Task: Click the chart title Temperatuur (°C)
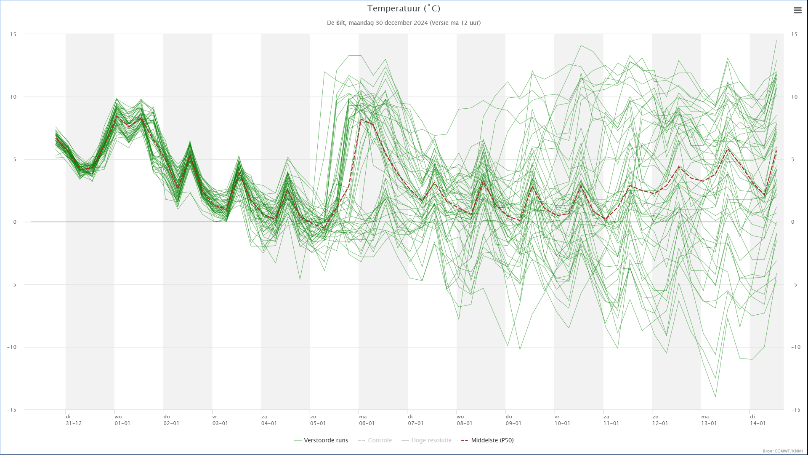(404, 8)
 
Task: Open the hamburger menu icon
(797, 11)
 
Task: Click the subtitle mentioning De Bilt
(404, 23)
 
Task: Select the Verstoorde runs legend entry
(321, 440)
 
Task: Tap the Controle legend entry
(375, 440)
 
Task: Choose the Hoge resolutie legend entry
(426, 440)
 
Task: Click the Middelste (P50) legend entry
(487, 440)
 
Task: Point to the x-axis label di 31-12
(74, 420)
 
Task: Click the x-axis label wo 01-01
(122, 420)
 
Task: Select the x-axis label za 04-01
(269, 420)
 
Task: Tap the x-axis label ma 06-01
(367, 420)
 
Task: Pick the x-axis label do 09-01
(513, 420)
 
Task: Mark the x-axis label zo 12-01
(660, 420)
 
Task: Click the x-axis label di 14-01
(757, 420)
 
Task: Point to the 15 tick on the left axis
(13, 34)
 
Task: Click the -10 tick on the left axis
(12, 347)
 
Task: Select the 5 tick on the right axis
(793, 159)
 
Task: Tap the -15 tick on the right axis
(795, 409)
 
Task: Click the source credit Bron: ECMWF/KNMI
(783, 451)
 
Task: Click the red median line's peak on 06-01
(361, 119)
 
